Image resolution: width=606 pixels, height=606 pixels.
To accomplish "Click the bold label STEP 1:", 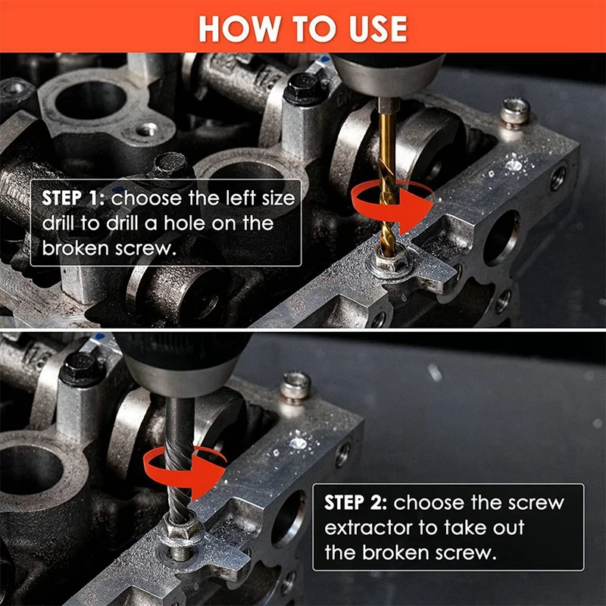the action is [73, 198].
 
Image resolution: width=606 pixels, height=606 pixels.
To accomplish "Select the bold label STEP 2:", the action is [355, 502].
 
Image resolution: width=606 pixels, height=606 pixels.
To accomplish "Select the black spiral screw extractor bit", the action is [179, 460].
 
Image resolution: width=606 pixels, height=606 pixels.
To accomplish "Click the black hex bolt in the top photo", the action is [304, 89].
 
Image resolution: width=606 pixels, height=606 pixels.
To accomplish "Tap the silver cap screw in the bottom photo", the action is [295, 386].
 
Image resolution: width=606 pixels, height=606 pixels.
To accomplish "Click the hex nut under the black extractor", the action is [182, 529].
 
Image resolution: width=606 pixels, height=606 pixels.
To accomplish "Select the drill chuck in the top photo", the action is [388, 75].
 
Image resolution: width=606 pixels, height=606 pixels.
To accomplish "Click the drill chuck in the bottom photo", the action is [182, 364].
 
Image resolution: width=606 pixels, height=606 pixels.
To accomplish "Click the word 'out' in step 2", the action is [508, 528].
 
